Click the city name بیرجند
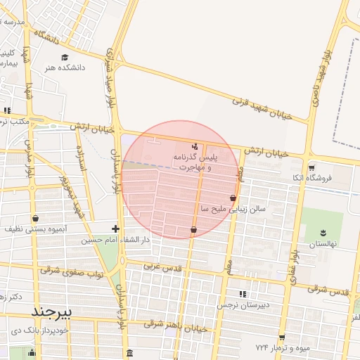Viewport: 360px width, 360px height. [51, 310]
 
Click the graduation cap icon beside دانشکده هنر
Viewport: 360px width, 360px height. [65, 57]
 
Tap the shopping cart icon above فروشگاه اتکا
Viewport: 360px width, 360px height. [311, 167]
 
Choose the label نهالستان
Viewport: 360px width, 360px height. [324, 243]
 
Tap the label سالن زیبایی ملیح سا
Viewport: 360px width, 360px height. [201, 210]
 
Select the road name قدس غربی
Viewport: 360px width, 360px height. [163, 267]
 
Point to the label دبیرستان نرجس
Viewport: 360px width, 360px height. [247, 304]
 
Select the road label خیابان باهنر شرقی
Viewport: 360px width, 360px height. [176, 326]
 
